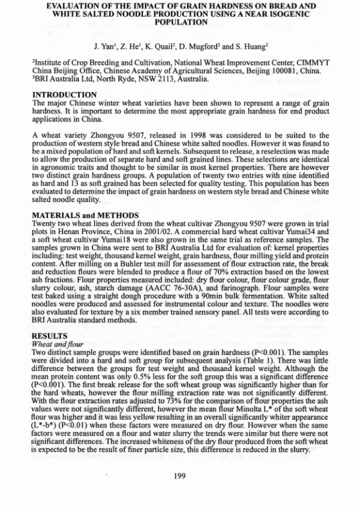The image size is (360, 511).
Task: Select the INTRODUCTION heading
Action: [64, 95]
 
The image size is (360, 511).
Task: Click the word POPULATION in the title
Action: [180, 22]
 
